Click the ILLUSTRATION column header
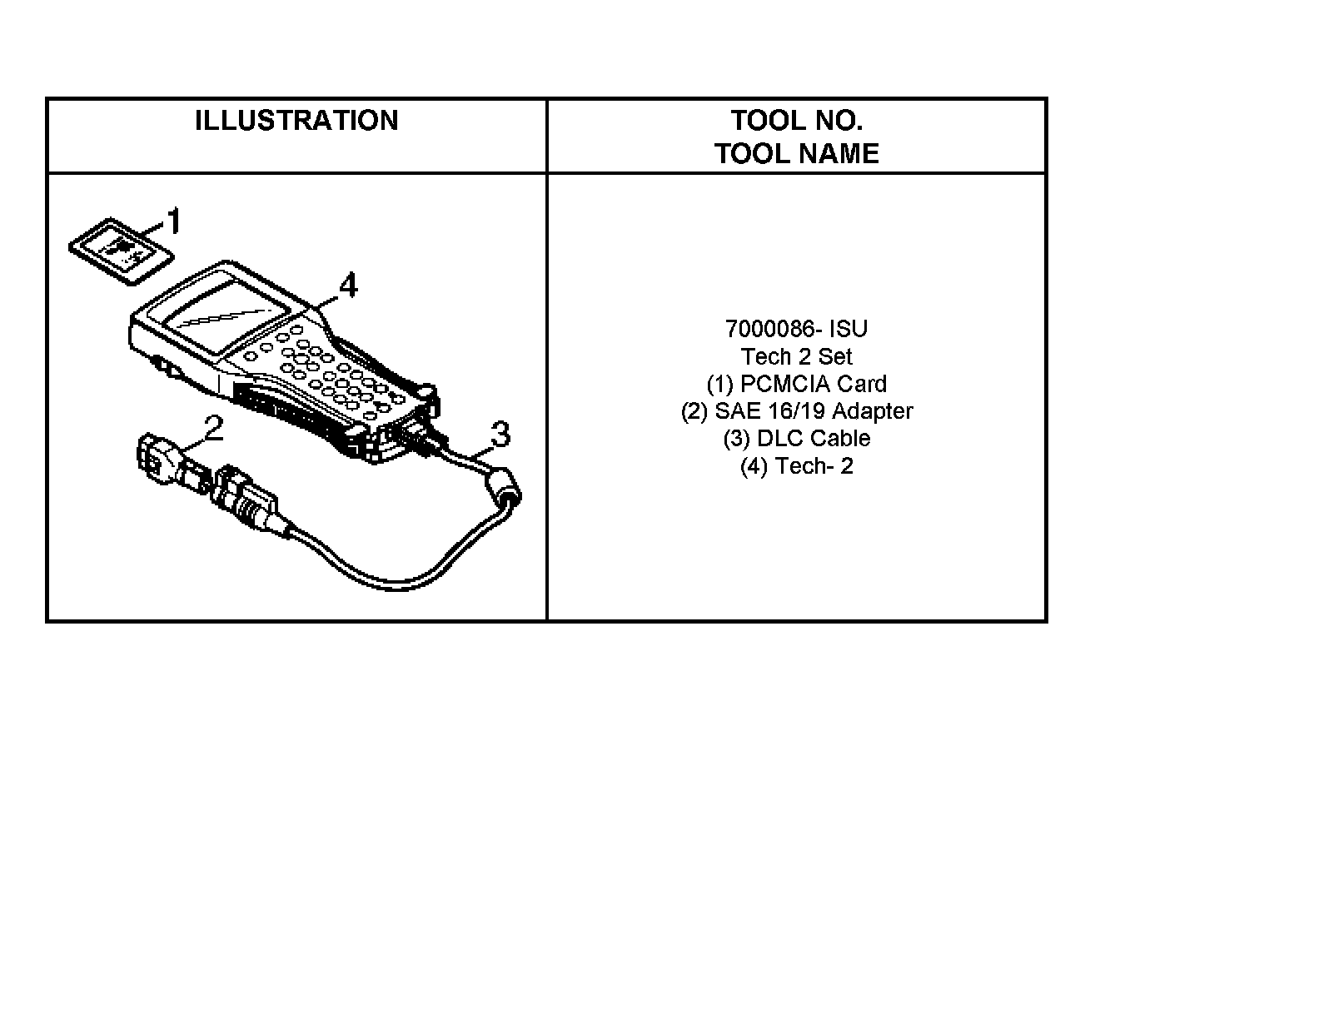(x=296, y=121)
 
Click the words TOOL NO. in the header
(x=796, y=121)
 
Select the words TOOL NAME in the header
(x=796, y=154)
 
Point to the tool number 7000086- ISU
(x=796, y=329)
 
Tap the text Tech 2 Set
(x=796, y=356)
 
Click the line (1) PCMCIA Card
(x=796, y=384)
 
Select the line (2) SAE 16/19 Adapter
(x=796, y=411)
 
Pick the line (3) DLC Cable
(x=796, y=439)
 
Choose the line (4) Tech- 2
(x=796, y=466)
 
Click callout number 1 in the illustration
(x=174, y=222)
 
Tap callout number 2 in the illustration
(x=213, y=429)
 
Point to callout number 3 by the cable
(x=500, y=434)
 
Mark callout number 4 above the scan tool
(x=348, y=286)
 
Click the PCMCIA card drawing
(x=121, y=250)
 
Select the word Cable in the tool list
(x=839, y=439)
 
